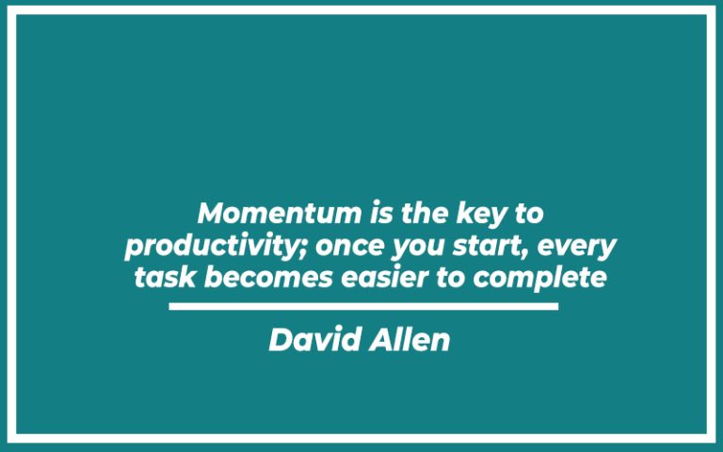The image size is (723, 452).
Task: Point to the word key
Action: coord(465,214)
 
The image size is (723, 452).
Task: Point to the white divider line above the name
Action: coord(363,306)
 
